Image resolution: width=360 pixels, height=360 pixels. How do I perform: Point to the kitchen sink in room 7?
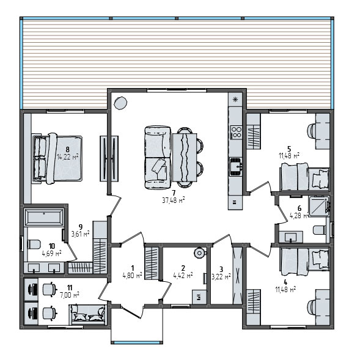pos(236,166)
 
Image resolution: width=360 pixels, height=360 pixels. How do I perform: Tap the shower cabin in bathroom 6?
pos(318,207)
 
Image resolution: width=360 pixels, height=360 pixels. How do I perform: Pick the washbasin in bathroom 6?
pos(291,236)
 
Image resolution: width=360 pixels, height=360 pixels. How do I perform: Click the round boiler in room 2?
pos(198,252)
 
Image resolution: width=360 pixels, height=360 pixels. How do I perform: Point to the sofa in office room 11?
pos(88,316)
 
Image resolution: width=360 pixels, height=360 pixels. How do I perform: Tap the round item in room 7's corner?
pos(120,103)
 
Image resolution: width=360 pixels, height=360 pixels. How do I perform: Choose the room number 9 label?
pos(80,226)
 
